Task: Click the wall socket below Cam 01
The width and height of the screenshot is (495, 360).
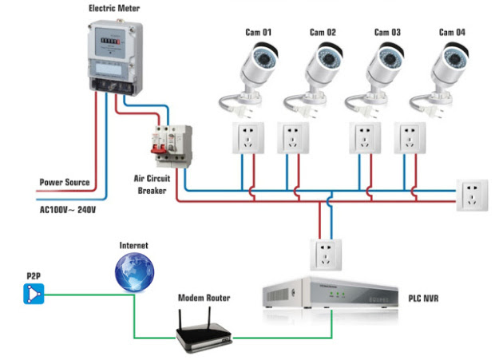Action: (x=247, y=137)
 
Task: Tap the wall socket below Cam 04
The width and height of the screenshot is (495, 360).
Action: (x=410, y=137)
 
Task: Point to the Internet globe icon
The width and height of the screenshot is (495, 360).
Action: (x=133, y=272)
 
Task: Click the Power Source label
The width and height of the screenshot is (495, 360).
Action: (x=65, y=182)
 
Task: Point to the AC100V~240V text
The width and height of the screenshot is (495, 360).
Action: (x=67, y=211)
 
